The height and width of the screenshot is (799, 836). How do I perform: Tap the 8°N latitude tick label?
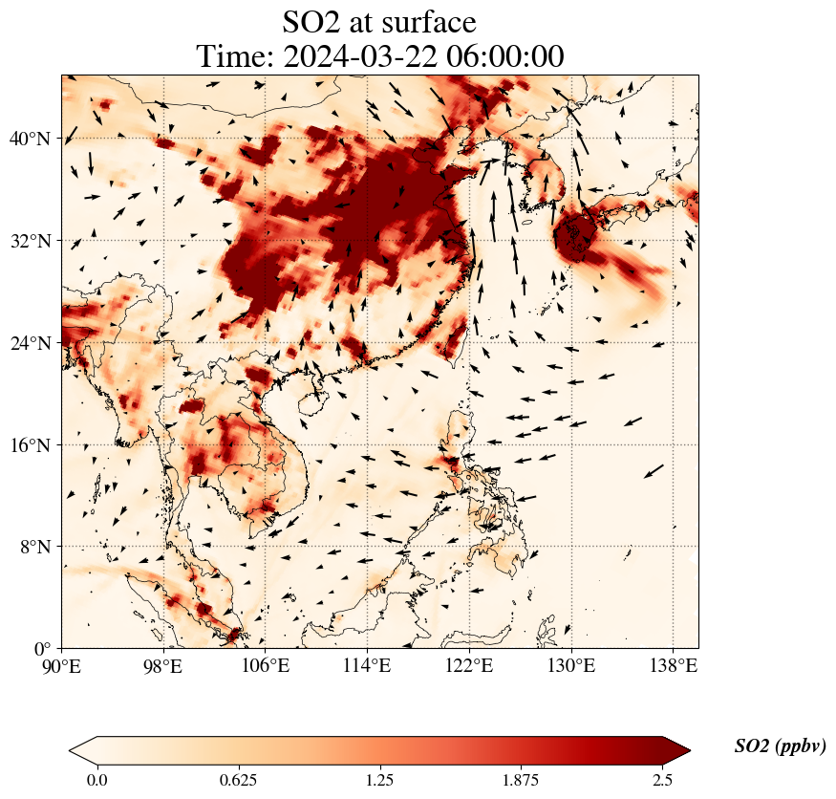pos(34,547)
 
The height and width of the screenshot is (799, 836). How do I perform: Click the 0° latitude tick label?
pos(43,649)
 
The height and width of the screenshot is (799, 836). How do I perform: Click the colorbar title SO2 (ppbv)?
pos(780,746)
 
